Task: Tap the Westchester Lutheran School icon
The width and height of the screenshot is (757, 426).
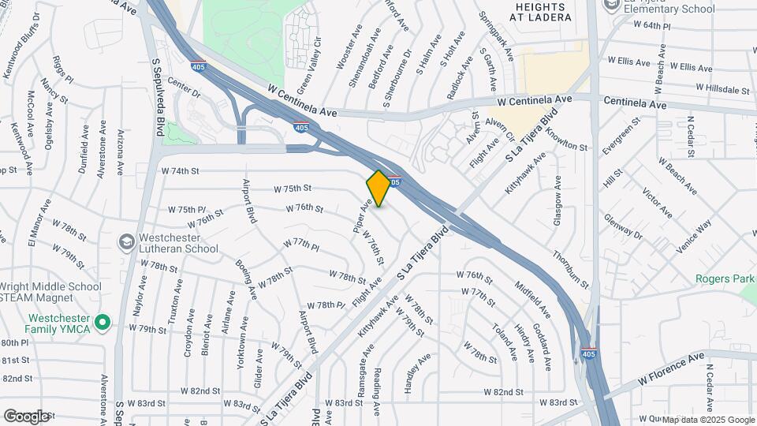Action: [x=126, y=241]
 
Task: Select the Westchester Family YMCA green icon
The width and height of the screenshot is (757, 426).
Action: [x=102, y=322]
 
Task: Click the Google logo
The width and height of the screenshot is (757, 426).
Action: [x=26, y=416]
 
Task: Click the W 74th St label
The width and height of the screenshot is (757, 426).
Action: [x=181, y=170]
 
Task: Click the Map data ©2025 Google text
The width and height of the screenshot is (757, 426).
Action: [x=707, y=420]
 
